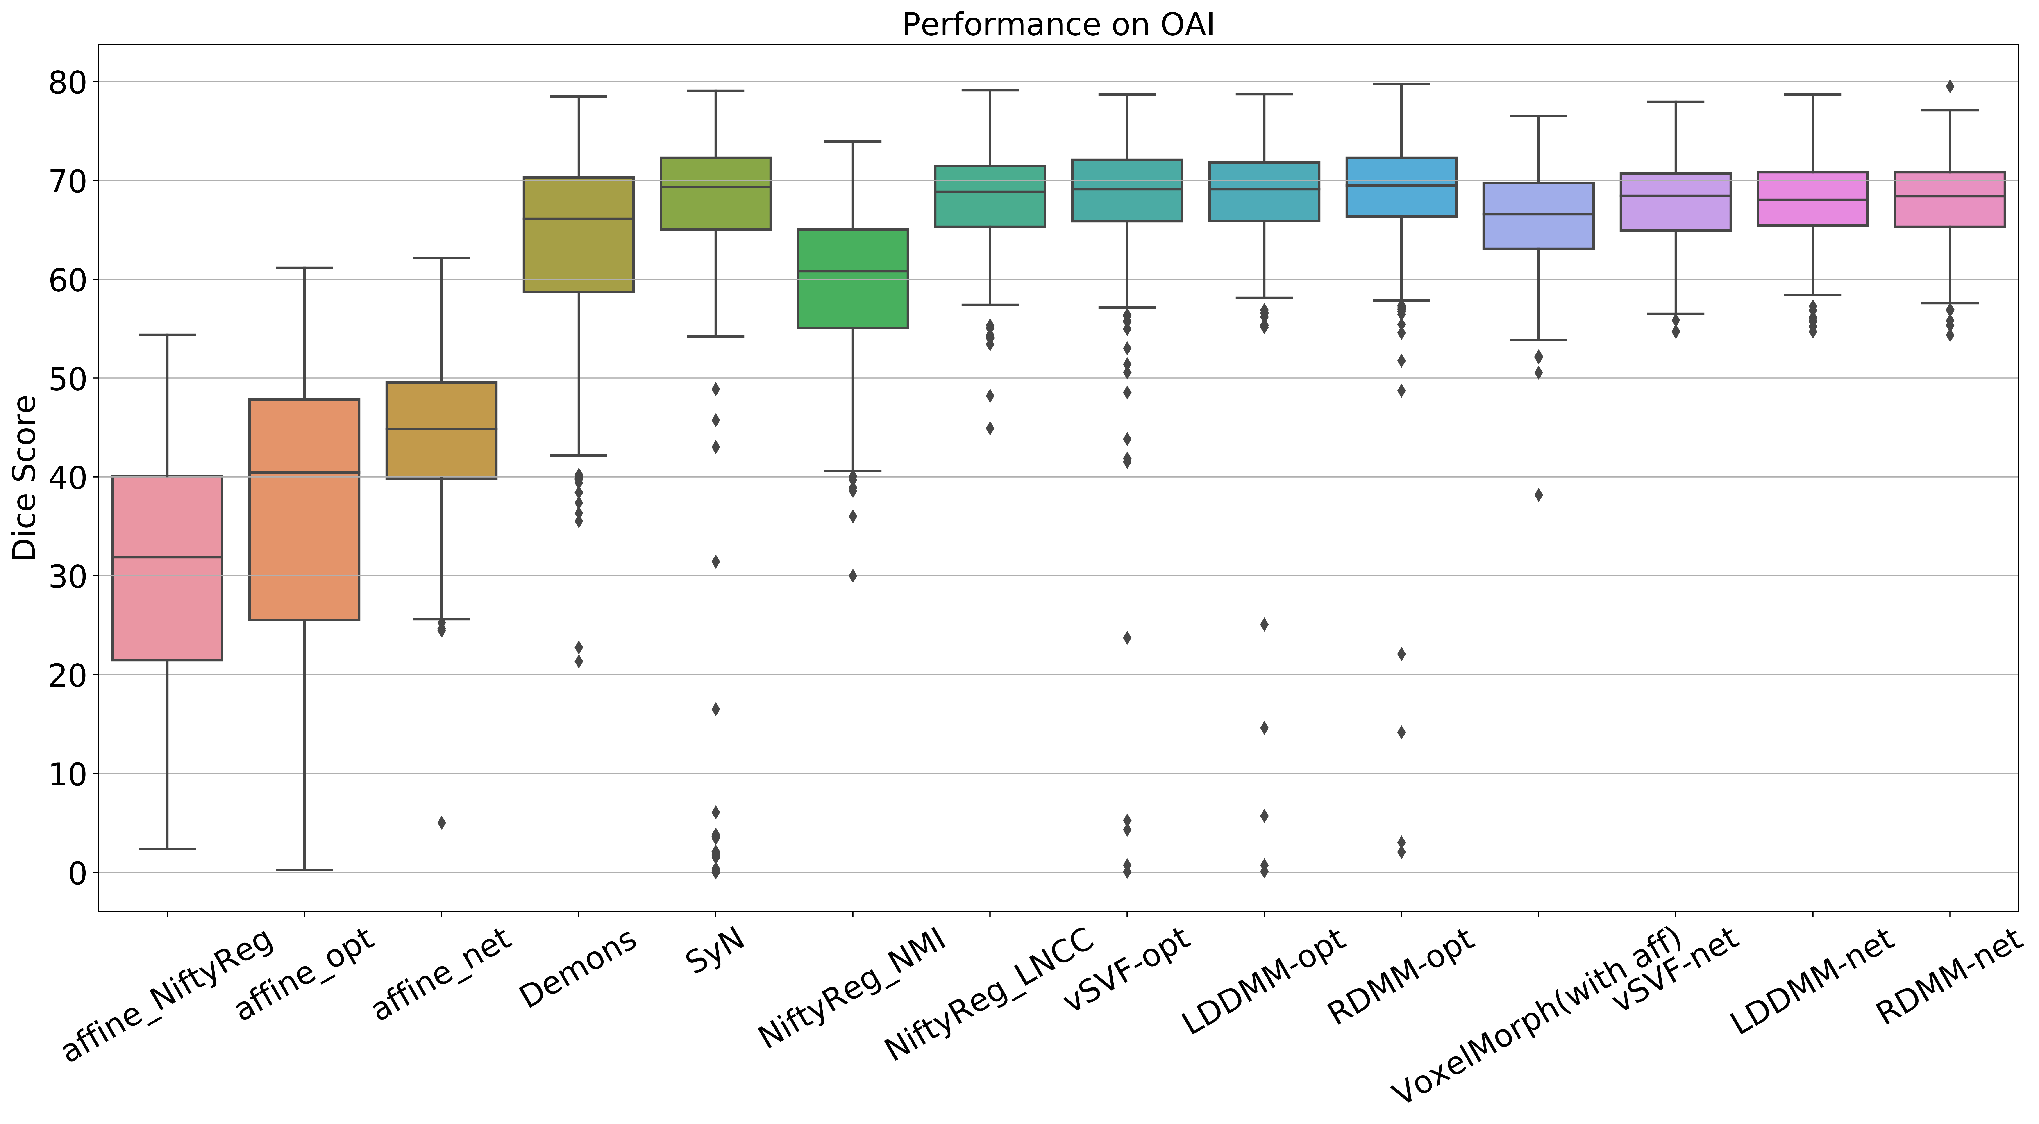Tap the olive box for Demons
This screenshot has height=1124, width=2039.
pos(579,253)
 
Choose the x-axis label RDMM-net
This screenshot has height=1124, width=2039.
pos(1949,978)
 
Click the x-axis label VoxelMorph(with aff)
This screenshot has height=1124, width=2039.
pos(1536,1017)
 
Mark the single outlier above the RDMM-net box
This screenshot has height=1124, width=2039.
pos(1950,86)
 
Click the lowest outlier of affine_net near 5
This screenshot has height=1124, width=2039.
pos(442,822)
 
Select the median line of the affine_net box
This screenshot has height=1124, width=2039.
pos(442,429)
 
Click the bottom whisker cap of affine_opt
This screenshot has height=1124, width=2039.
pos(305,870)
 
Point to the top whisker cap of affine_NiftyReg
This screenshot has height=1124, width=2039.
pos(167,335)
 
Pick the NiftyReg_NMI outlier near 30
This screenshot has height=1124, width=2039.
pos(852,576)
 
